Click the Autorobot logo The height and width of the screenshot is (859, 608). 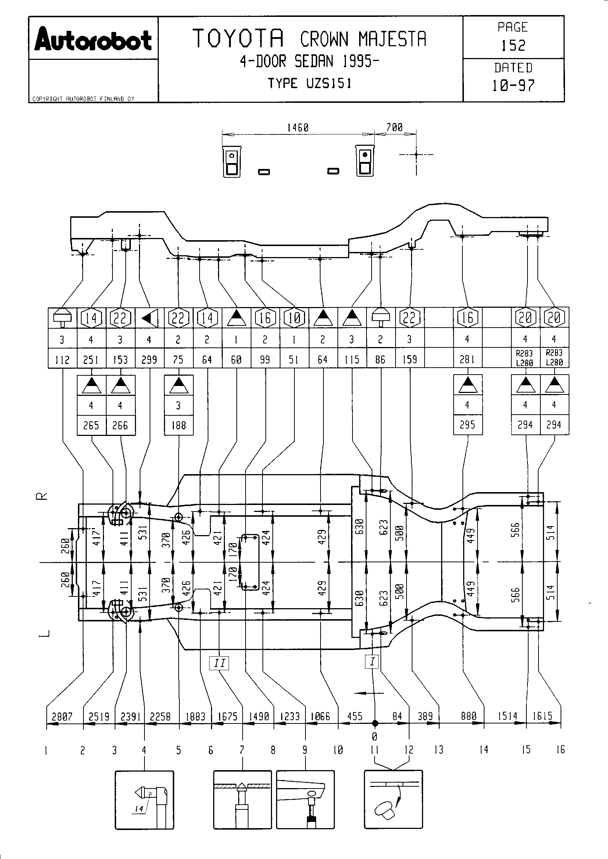click(93, 39)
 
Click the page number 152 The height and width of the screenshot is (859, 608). click(513, 46)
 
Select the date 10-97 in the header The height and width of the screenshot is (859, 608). click(513, 86)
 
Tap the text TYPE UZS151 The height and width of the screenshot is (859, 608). click(310, 83)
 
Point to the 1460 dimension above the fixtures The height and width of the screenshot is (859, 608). click(298, 127)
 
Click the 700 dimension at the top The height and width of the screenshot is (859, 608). click(394, 127)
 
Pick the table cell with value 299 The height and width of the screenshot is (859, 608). click(149, 360)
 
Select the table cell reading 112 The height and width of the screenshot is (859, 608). click(62, 360)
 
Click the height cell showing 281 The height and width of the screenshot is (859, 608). click(467, 360)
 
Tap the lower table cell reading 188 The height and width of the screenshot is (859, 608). click(179, 425)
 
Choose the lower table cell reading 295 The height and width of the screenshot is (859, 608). click(467, 425)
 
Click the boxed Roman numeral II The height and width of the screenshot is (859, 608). click(219, 663)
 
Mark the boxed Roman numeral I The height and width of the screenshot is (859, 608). click(372, 661)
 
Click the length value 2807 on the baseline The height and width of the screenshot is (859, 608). click(62, 717)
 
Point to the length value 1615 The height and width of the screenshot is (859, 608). click(543, 716)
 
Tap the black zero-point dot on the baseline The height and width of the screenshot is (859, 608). click(375, 723)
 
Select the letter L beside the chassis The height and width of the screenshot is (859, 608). click(44, 633)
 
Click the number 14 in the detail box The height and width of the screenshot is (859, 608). click(139, 809)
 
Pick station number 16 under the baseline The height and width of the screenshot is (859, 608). click(560, 750)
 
